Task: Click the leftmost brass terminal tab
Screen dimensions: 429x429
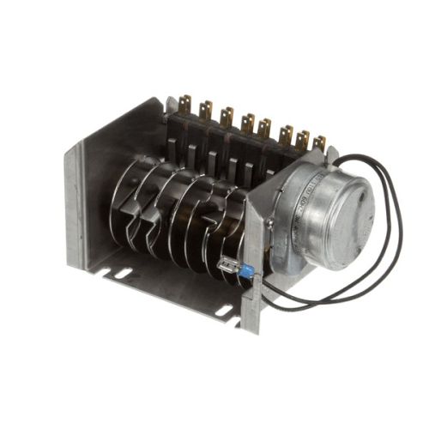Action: pyautogui.click(x=183, y=106)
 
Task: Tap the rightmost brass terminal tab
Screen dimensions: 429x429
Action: pyautogui.click(x=319, y=143)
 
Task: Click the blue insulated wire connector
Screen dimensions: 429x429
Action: pyautogui.click(x=245, y=271)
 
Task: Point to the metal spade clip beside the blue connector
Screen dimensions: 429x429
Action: pyautogui.click(x=228, y=265)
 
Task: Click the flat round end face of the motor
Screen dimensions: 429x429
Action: pyautogui.click(x=340, y=214)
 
